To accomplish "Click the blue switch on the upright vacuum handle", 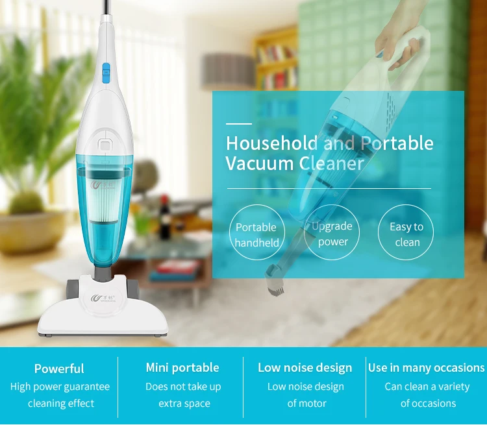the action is point(106,73).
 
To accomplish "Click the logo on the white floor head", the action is point(103,298).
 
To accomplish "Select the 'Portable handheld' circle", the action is point(257,232).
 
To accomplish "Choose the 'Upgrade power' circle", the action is point(332,232).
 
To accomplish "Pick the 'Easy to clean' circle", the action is point(406,232).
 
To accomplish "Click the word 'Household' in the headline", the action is point(272,143).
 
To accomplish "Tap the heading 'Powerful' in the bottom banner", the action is point(59,369).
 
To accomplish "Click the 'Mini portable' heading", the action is point(182,367).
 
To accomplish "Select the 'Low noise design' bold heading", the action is point(305,367).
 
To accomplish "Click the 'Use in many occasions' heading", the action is point(426,367).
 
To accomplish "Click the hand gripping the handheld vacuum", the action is point(399,43).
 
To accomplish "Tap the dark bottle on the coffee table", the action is point(165,217).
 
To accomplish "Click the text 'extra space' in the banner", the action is point(184,404).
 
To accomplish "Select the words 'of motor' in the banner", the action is point(306,404).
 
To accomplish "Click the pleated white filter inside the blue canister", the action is point(103,201).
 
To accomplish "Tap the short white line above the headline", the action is point(239,124).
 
